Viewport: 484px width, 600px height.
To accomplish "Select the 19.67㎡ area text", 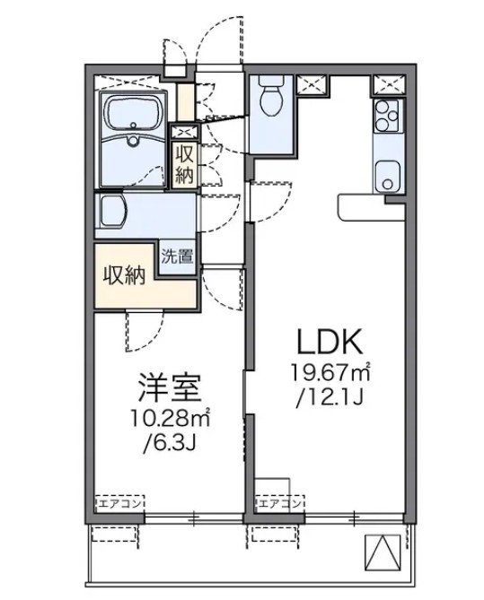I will click(x=330, y=372).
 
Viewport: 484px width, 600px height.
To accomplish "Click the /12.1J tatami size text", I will click(x=330, y=396).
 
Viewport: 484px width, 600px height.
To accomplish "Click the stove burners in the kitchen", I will click(x=387, y=116).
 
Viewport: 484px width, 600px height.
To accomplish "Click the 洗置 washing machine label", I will click(x=177, y=256).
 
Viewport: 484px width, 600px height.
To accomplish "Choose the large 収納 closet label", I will click(x=123, y=275).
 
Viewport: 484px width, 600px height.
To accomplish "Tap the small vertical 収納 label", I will click(x=184, y=163).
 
